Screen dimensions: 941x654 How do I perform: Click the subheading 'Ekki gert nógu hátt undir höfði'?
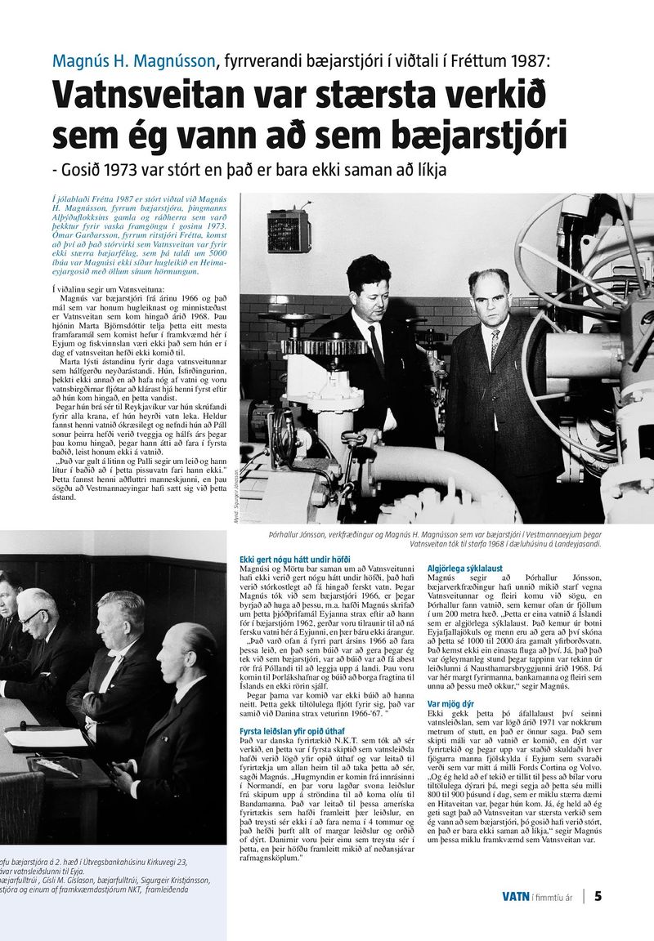click(294, 560)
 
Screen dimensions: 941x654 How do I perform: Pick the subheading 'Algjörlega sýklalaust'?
click(466, 567)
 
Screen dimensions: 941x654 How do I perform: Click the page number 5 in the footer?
click(598, 896)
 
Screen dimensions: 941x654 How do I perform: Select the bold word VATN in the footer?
click(515, 897)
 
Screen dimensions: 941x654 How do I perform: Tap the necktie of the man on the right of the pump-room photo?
click(495, 343)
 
